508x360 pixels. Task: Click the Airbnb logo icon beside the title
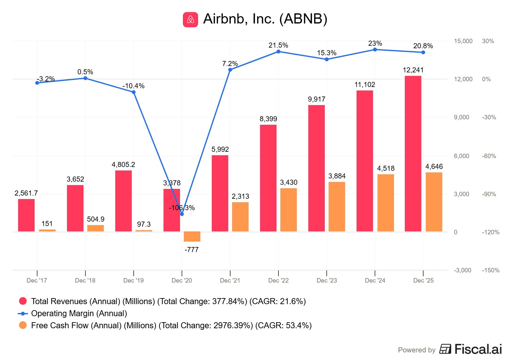pos(190,19)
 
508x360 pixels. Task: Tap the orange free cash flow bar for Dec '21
pos(240,217)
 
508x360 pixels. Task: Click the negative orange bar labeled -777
pos(192,237)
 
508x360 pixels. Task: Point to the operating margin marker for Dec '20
pos(182,214)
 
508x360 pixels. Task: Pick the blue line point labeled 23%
pos(375,50)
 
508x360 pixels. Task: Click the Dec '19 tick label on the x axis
pos(133,280)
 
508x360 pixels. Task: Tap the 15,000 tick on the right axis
pos(463,41)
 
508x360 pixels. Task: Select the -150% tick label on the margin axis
pos(491,270)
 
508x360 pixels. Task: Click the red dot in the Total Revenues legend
pos(23,301)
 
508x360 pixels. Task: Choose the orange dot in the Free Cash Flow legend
pos(23,325)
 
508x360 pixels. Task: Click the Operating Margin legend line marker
pos(23,314)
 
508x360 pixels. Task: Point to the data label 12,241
pos(413,70)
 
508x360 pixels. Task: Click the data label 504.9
pos(96,219)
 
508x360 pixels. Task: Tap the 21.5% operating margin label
pos(278,45)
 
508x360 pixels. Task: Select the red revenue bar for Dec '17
pos(26,215)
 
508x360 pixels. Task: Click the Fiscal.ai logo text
pos(478,349)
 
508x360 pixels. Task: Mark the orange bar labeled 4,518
pos(385,203)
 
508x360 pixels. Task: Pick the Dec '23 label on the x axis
pos(327,280)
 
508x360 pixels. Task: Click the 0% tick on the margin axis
pos(486,79)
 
